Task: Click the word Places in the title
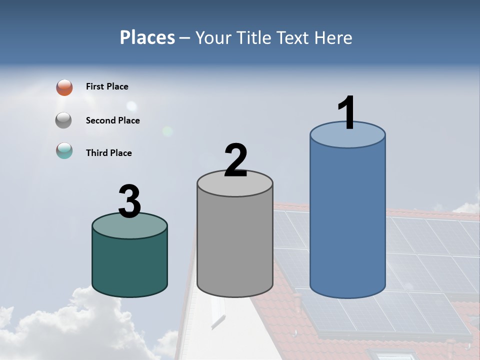click(x=147, y=37)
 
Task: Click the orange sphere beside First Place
click(x=64, y=87)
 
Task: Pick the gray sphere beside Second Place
click(x=64, y=120)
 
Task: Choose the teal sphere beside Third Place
click(x=64, y=150)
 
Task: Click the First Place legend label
click(x=107, y=86)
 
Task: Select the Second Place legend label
click(x=112, y=120)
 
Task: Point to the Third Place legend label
click(x=108, y=153)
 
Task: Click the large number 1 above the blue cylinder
click(x=346, y=113)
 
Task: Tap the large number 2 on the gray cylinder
click(x=235, y=160)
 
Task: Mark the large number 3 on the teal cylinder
click(x=129, y=201)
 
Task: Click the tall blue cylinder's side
click(x=347, y=220)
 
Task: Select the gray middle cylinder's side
click(x=235, y=245)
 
